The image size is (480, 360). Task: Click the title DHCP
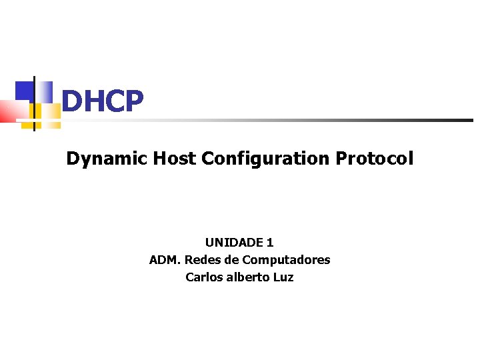102,101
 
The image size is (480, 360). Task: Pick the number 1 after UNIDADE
270,243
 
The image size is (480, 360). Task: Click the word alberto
248,277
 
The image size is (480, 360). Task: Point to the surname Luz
283,277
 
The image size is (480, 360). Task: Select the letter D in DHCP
71,101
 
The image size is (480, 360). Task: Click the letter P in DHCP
133,101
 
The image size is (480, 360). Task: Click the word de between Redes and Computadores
231,260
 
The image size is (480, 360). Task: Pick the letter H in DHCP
92,101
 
